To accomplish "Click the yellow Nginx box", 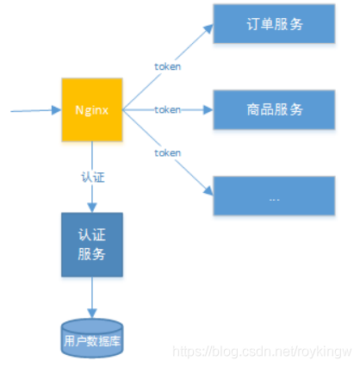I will (91, 109).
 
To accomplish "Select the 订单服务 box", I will (273, 23).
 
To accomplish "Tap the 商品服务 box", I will (273, 109).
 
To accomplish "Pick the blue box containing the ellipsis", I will (273, 196).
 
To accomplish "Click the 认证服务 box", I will (91, 244).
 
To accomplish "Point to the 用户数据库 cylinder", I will (91, 339).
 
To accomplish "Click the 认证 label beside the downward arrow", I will (91, 177).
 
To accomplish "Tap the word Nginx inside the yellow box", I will (91, 109).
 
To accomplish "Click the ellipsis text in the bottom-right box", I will (273, 196).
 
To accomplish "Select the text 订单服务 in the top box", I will (273, 23).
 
